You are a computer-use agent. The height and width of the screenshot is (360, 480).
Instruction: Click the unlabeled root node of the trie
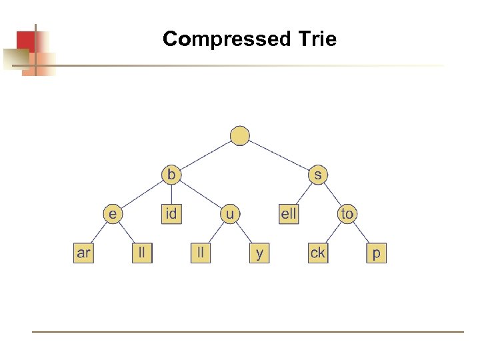click(240, 136)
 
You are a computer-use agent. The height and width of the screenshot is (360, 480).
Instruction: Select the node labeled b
click(171, 175)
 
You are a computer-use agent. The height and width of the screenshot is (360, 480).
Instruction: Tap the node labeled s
click(318, 175)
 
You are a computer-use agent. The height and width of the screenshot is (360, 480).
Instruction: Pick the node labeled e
click(113, 214)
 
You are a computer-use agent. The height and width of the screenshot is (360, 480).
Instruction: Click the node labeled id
click(171, 214)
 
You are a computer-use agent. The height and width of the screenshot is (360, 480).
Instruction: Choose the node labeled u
click(230, 214)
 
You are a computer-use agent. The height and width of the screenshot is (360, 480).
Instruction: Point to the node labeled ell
click(289, 214)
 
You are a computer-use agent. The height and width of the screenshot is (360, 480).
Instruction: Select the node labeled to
click(347, 214)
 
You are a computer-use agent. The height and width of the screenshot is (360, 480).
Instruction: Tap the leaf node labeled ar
click(83, 253)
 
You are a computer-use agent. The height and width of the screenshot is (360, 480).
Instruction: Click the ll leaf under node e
click(142, 253)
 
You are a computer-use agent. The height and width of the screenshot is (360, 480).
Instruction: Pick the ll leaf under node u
click(201, 253)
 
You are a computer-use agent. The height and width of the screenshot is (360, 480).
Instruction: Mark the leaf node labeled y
click(259, 253)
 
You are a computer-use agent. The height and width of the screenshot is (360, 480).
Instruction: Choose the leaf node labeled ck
click(318, 253)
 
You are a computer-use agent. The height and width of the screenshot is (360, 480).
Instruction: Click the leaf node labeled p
click(377, 253)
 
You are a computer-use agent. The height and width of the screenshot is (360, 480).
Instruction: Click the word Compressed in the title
click(223, 39)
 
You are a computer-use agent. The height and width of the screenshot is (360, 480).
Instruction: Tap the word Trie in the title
click(313, 39)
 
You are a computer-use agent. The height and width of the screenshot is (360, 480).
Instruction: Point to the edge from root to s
click(279, 155)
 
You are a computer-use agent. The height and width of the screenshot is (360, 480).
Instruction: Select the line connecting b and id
click(171, 194)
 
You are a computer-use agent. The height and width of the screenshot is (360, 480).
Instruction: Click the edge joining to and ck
click(333, 234)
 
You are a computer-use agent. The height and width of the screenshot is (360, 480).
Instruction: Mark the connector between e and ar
click(98, 234)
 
